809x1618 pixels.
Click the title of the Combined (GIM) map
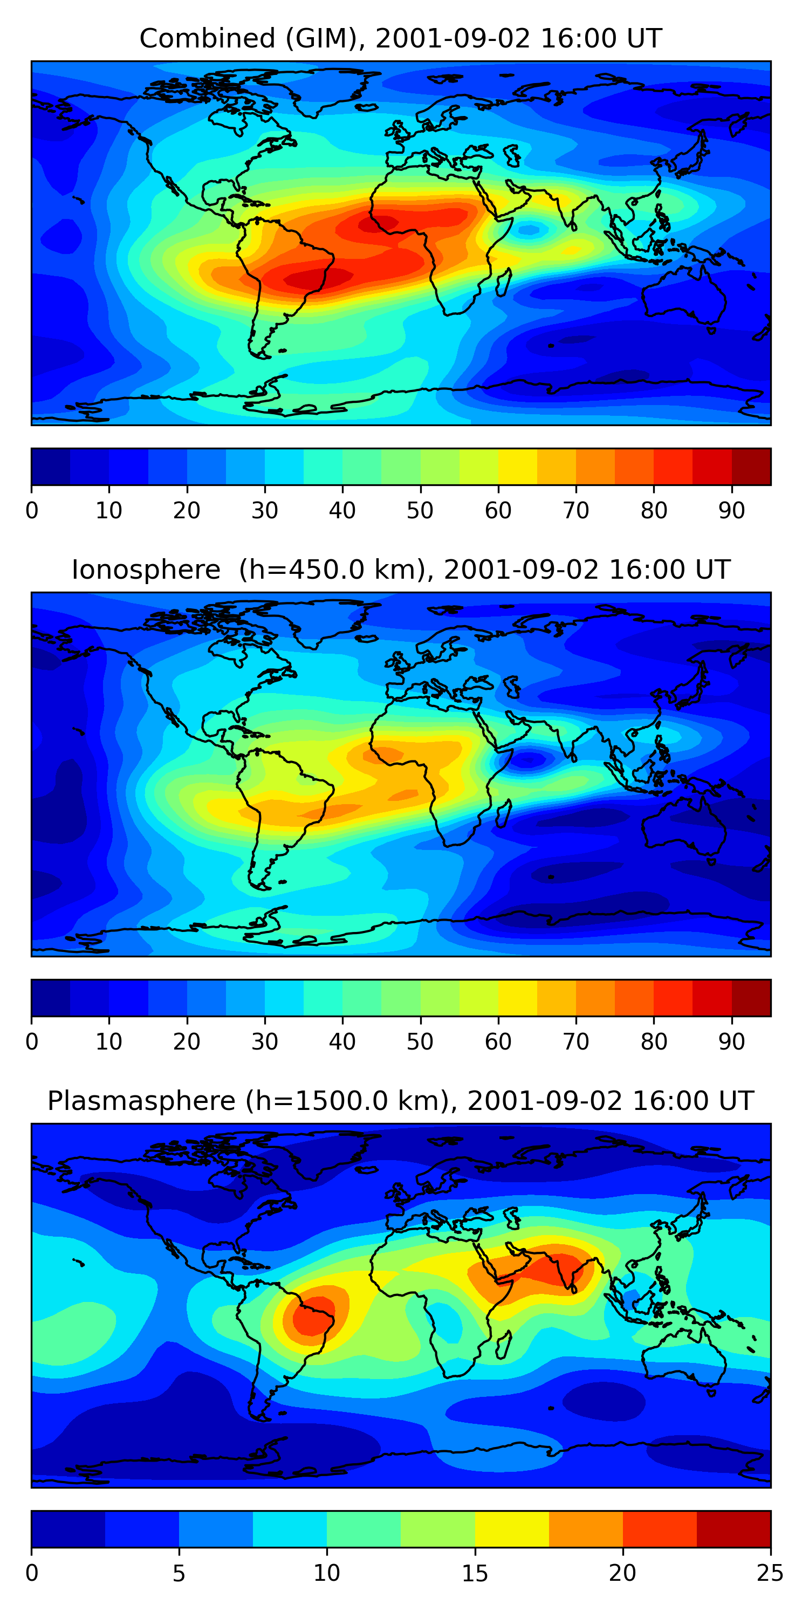click(x=401, y=38)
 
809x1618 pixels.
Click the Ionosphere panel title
click(x=401, y=570)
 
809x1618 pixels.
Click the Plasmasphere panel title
click(x=401, y=1101)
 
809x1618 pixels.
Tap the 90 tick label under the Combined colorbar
click(x=732, y=511)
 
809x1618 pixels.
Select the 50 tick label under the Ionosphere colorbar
click(x=420, y=1042)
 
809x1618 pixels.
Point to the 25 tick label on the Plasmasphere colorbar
click(x=770, y=1573)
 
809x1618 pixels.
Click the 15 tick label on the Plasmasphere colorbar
click(x=475, y=1573)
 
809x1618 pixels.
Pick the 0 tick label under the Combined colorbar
click(x=32, y=511)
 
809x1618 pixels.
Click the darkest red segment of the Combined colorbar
click(x=751, y=467)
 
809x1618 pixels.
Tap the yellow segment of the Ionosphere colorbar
click(x=518, y=998)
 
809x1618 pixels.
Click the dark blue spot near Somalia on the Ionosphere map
click(x=528, y=760)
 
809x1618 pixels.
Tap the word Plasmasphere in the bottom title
click(x=141, y=1101)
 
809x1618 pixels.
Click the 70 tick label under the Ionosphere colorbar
click(x=576, y=1042)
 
